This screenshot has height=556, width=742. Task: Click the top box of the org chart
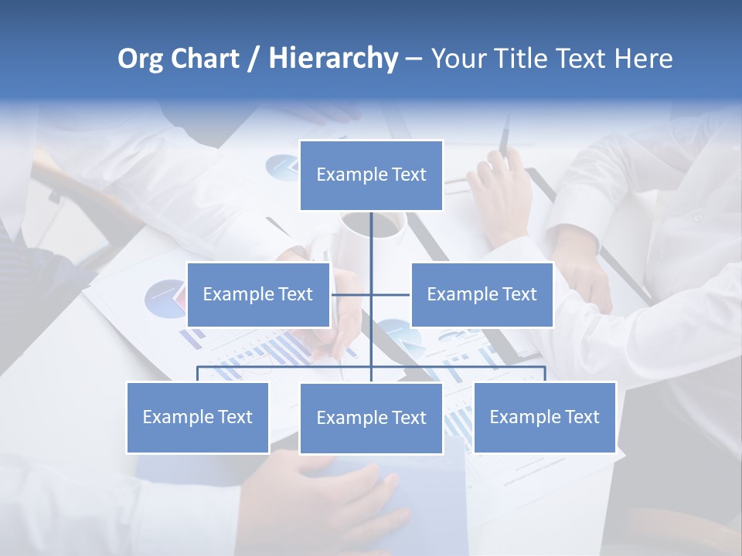pyautogui.click(x=371, y=175)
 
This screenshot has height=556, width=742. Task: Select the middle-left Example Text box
pyautogui.click(x=258, y=294)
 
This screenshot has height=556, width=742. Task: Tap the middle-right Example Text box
pyautogui.click(x=482, y=294)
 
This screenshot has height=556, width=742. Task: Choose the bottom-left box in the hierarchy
pyautogui.click(x=198, y=417)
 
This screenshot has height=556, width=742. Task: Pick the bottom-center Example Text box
pyautogui.click(x=371, y=418)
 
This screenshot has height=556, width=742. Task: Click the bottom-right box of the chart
pyautogui.click(x=544, y=417)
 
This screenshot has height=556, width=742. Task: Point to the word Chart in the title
pyautogui.click(x=205, y=59)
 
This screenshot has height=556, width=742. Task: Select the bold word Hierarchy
pyautogui.click(x=333, y=59)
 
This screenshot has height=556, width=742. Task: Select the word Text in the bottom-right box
pyautogui.click(x=581, y=417)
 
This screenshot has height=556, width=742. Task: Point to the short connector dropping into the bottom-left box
pyautogui.click(x=198, y=374)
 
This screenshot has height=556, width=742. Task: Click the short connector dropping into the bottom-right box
pyautogui.click(x=545, y=374)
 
